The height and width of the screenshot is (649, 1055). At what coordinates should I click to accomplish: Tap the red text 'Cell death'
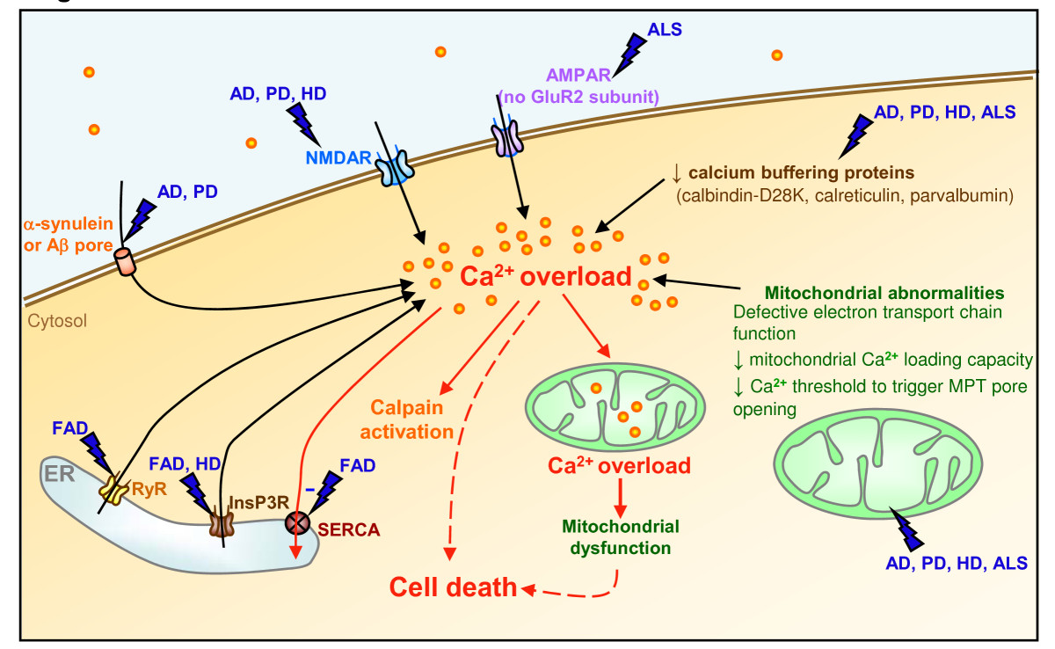(x=454, y=587)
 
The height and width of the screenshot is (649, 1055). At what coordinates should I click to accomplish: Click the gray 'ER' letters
(x=62, y=475)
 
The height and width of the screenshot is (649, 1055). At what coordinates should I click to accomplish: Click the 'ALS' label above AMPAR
(x=664, y=28)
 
